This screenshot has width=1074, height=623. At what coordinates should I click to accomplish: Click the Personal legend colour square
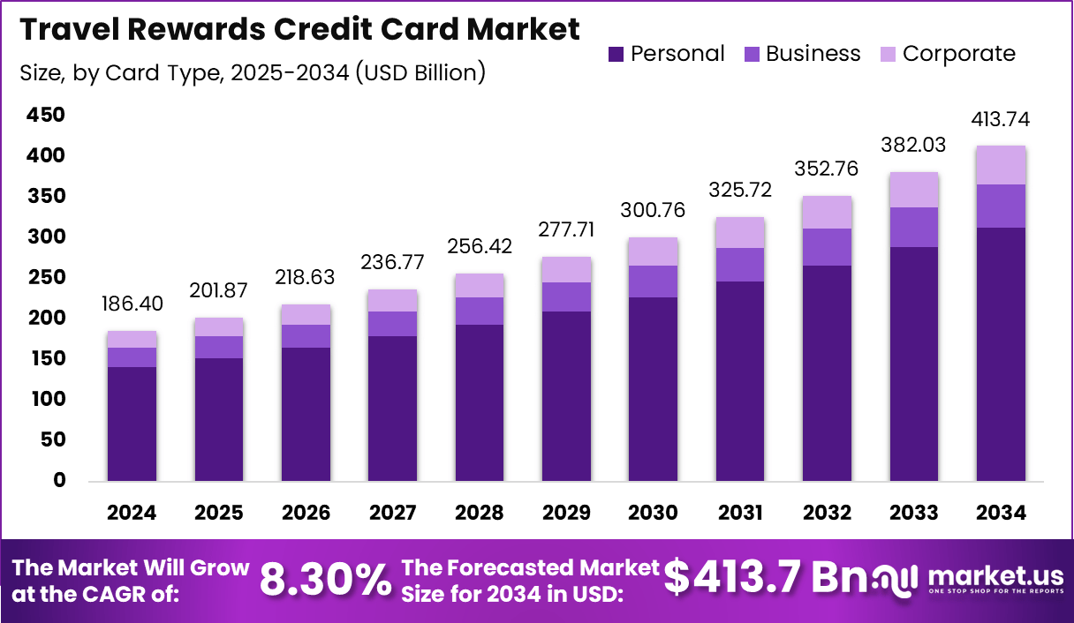tap(616, 55)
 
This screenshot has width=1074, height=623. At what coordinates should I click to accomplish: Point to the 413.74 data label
tap(1002, 119)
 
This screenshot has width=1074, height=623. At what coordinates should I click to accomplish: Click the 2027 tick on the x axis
tap(393, 513)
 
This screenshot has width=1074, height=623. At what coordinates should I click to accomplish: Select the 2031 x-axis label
tap(740, 513)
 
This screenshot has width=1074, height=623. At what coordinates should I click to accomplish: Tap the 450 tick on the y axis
tap(46, 115)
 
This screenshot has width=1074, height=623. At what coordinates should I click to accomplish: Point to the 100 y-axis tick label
tap(46, 400)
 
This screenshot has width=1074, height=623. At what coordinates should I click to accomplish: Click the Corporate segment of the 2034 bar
tap(1002, 165)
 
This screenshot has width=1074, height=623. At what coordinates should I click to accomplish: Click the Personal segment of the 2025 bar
tap(219, 419)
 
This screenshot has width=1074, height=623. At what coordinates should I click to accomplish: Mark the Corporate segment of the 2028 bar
tap(480, 285)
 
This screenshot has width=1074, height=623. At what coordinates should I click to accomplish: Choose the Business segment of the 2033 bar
tap(914, 227)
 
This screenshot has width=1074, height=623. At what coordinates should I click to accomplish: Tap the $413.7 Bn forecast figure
tap(758, 578)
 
